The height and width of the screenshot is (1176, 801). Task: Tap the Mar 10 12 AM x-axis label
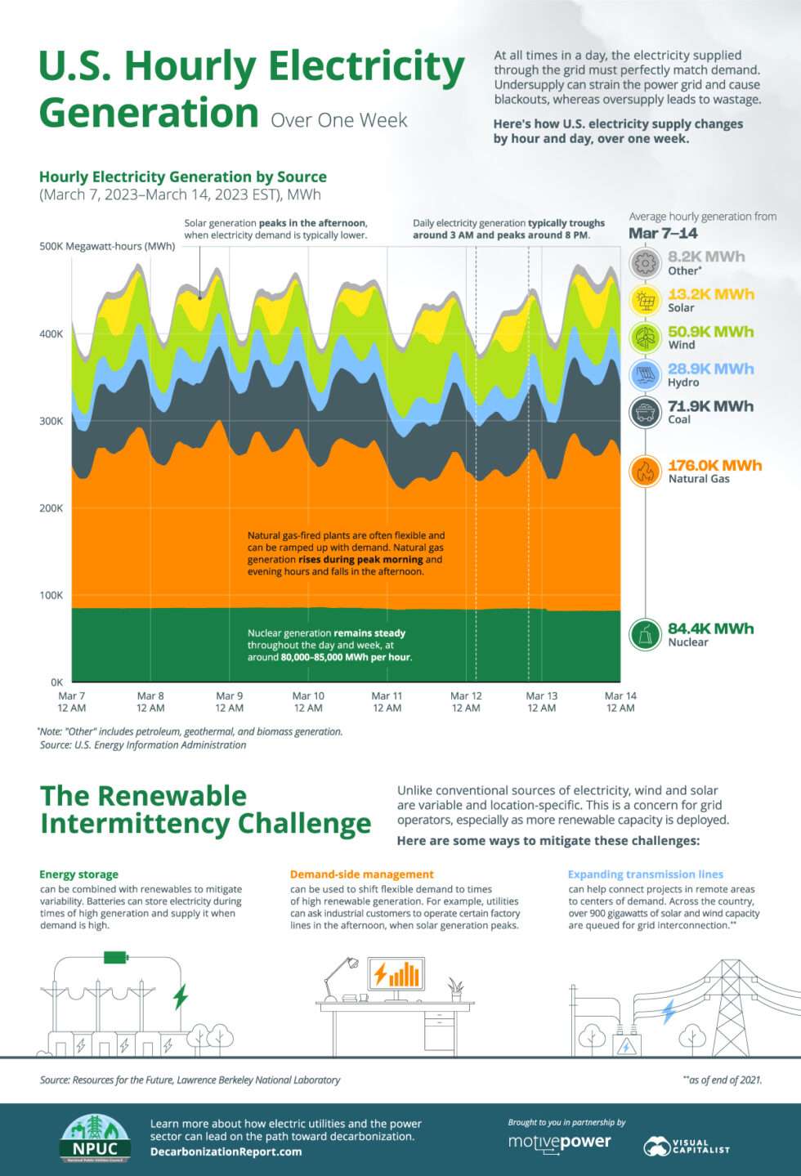[x=308, y=702]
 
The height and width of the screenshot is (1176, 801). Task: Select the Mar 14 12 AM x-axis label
[x=620, y=702]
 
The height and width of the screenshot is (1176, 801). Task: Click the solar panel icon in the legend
[x=646, y=301]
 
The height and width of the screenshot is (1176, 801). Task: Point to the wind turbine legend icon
[x=646, y=338]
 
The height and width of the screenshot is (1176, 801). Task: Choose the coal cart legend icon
[x=646, y=412]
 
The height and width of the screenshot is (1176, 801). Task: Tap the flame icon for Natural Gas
[x=646, y=472]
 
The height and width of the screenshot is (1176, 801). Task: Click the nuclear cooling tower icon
[x=646, y=634]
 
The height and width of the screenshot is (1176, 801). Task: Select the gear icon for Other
[x=646, y=263]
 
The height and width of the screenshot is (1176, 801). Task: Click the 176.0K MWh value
[x=714, y=465]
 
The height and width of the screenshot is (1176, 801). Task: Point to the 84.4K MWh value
[x=710, y=628]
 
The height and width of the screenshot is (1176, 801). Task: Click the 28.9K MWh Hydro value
[x=710, y=369]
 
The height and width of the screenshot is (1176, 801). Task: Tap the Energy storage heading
[x=79, y=874]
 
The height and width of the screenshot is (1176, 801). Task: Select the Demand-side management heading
[x=362, y=874]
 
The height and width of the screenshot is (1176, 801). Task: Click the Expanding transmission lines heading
[x=646, y=874]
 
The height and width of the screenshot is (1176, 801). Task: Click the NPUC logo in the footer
[x=95, y=1139]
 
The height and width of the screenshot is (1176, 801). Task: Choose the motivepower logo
[x=559, y=1142]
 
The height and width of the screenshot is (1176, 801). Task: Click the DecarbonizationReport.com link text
[x=226, y=1151]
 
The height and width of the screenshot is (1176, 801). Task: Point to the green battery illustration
[x=115, y=957]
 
